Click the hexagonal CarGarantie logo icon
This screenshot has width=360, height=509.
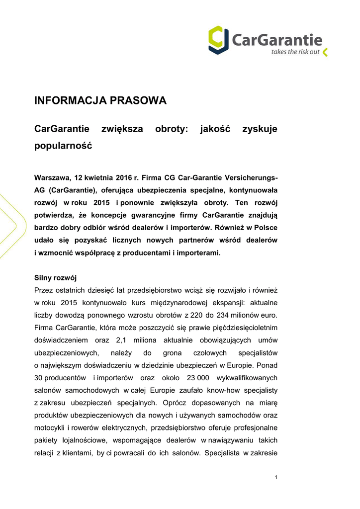coord(218,39)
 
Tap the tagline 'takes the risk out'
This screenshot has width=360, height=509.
coord(295,52)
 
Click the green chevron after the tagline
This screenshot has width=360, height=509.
coord(325,52)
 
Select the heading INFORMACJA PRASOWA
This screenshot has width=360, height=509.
coord(100,101)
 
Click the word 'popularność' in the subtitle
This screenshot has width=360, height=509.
coord(63,146)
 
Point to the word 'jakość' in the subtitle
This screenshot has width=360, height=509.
coord(215,129)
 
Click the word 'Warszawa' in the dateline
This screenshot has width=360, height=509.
coord(52,177)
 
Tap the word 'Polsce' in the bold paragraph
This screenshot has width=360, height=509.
coord(266,228)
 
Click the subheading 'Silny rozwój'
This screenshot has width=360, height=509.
coord(55,277)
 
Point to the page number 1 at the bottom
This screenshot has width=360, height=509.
coord(275,478)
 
